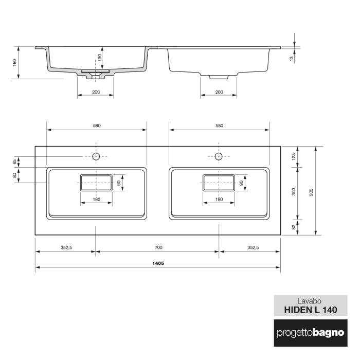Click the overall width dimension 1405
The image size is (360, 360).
(158, 263)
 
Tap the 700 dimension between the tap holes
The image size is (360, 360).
(158, 247)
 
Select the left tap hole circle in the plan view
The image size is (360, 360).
(96, 156)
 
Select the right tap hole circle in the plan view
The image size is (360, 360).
(219, 156)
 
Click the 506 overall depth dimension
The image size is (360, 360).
(311, 191)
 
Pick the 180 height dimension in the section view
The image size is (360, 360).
(15, 62)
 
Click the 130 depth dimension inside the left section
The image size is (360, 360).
(100, 57)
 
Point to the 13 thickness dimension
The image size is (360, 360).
(292, 59)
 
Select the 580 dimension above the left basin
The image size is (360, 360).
(96, 125)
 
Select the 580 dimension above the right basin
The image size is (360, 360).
(219, 125)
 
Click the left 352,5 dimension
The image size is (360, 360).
(66, 247)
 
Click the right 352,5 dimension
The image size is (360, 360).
(250, 247)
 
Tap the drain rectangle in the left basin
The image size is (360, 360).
(96, 183)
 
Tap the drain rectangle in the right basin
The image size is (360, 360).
(219, 183)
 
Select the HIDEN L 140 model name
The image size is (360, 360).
(310, 310)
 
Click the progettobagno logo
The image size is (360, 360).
(310, 332)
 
